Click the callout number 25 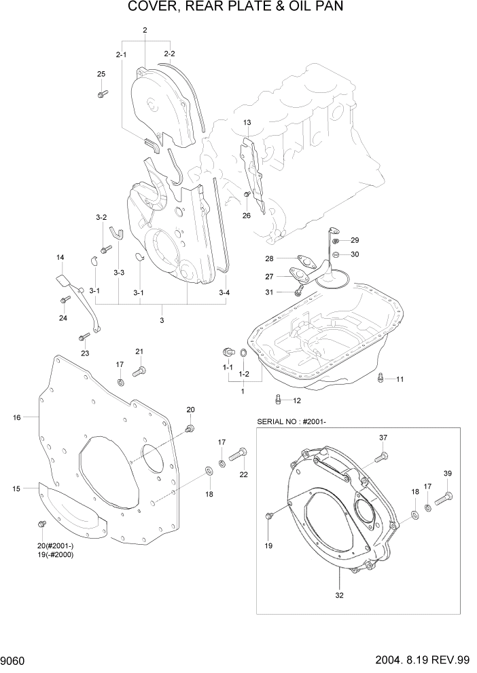click(101, 74)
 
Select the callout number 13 click(247, 122)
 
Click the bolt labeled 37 click(383, 457)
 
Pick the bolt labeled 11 click(381, 377)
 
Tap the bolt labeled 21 click(139, 370)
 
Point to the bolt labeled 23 click(84, 336)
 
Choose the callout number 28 click(269, 258)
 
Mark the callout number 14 click(60, 257)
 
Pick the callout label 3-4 click(224, 293)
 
